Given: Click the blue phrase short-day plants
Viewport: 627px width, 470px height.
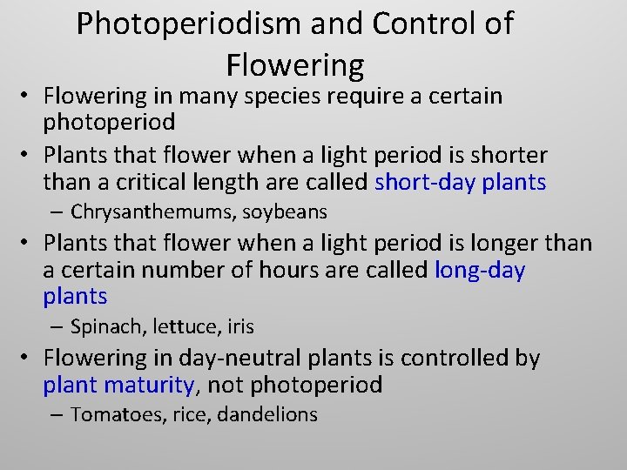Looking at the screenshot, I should click(460, 182).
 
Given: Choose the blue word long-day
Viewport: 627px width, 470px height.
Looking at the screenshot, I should click(480, 270).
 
